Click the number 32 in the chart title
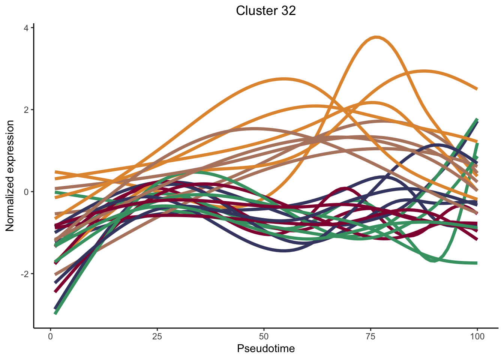click(287, 10)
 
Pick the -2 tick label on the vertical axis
click(25, 274)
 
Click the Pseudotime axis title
click(266, 349)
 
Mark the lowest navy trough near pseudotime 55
click(284, 250)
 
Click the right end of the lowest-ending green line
click(477, 263)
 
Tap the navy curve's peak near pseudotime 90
click(437, 145)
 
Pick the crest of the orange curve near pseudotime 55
click(284, 79)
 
